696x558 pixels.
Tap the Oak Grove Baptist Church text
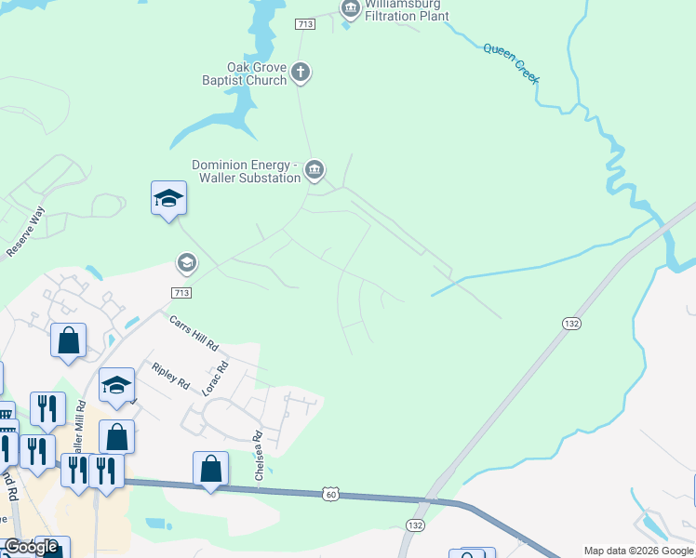tap(245, 73)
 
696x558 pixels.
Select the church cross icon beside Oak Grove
tap(300, 71)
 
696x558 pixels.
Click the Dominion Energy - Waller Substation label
tap(246, 171)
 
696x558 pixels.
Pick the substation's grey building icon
tap(315, 169)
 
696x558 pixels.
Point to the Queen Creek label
tap(511, 63)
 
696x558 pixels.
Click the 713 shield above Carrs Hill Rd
tap(181, 292)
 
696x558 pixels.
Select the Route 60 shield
tap(331, 493)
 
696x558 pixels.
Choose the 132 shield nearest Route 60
tap(415, 525)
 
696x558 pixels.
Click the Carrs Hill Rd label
tap(194, 332)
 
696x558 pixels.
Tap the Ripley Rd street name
tap(170, 375)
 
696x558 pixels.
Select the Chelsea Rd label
tap(259, 456)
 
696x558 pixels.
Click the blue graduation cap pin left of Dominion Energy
tap(168, 198)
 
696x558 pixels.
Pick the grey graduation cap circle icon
tap(186, 264)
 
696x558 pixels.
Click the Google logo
tap(31, 547)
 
